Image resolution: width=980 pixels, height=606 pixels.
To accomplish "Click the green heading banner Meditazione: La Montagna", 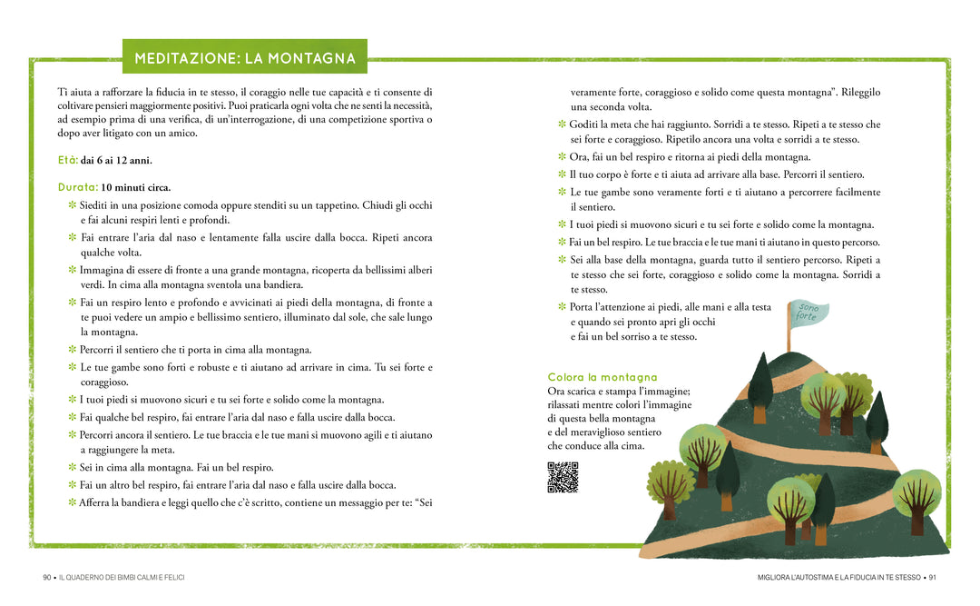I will pyautogui.click(x=245, y=58).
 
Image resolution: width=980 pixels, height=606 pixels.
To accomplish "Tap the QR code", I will pyautogui.click(x=563, y=477).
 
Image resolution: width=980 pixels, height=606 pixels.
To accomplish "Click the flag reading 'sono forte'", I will pyautogui.click(x=808, y=313).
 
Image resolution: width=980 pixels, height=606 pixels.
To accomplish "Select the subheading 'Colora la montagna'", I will pyautogui.click(x=603, y=377).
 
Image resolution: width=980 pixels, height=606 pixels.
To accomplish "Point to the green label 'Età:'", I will pyautogui.click(x=67, y=160).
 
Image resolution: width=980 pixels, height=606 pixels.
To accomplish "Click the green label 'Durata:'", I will pyautogui.click(x=77, y=187).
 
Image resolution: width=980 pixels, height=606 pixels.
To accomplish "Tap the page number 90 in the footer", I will pyautogui.click(x=47, y=577).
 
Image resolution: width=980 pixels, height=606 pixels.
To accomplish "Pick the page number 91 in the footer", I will pyautogui.click(x=932, y=577).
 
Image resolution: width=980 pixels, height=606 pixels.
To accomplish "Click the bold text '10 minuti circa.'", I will pyautogui.click(x=136, y=187).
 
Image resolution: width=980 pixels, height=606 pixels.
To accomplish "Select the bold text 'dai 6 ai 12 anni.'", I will pyautogui.click(x=116, y=160).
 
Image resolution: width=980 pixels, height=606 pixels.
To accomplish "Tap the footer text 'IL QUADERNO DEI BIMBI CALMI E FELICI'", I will pyautogui.click(x=122, y=577).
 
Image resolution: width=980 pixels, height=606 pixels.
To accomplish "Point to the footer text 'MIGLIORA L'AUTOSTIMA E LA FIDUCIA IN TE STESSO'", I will pyautogui.click(x=838, y=577).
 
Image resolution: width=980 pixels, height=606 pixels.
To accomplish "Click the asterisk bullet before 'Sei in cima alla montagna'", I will pyautogui.click(x=73, y=467).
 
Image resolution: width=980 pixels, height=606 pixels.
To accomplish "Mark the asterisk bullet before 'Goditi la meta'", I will pyautogui.click(x=562, y=124).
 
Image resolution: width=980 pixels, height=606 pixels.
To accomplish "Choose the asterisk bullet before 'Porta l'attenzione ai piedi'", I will pyautogui.click(x=562, y=307).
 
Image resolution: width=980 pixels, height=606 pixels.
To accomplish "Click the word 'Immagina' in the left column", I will pyautogui.click(x=102, y=270).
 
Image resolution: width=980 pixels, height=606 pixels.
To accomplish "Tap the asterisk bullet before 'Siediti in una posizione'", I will pyautogui.click(x=73, y=205).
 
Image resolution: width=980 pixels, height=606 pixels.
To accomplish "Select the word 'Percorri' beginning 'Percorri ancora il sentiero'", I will pyautogui.click(x=99, y=435).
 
